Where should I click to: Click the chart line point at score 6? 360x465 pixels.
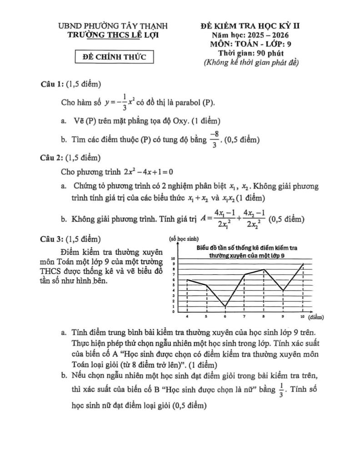(225, 307)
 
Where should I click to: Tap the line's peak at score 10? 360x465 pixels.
(303, 264)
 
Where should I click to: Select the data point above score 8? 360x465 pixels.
(264, 269)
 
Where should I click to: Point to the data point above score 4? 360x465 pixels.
(187, 280)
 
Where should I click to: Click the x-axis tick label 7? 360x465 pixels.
(245, 316)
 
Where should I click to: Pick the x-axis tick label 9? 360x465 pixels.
(283, 316)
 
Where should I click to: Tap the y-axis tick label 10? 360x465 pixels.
(172, 258)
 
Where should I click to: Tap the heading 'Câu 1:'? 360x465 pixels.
(52, 84)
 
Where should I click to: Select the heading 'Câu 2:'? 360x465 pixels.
(52, 158)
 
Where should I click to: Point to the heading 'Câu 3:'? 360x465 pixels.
(52, 239)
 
